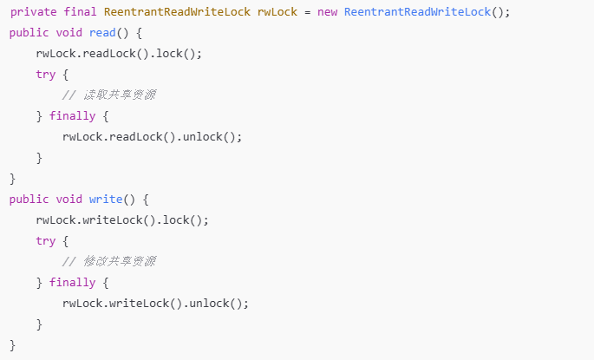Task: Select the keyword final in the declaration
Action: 81,12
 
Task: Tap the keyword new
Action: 327,12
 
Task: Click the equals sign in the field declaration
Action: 307,12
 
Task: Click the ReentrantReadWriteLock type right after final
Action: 177,12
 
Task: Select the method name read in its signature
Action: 103,33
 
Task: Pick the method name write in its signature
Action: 107,200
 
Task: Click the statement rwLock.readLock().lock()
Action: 119,54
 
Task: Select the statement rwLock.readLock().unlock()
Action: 152,137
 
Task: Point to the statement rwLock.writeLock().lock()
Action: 122,220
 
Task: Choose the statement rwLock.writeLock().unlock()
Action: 155,304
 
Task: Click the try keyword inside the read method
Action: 46,75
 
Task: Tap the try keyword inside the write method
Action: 46,241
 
